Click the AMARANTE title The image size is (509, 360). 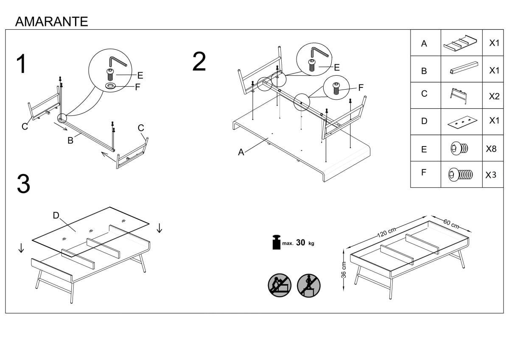[x=52, y=22]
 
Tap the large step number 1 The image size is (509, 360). [x=22, y=64]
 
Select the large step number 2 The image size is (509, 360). [x=199, y=62]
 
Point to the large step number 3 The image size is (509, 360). [x=23, y=184]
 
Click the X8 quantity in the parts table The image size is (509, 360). [x=491, y=149]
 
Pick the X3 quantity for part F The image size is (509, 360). [x=491, y=175]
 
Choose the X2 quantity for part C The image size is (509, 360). [x=494, y=96]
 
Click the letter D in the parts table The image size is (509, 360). [x=424, y=121]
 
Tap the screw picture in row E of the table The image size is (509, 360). [x=459, y=149]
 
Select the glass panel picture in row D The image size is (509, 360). [x=462, y=122]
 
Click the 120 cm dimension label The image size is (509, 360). [x=386, y=232]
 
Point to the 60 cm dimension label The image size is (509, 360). [x=451, y=224]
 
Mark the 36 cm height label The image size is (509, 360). [x=344, y=270]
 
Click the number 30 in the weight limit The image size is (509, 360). [x=300, y=243]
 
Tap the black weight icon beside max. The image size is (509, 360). [x=276, y=242]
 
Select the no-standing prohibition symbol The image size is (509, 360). [x=309, y=286]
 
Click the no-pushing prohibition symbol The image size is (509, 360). [x=280, y=285]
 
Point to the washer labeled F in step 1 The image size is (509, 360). [x=110, y=86]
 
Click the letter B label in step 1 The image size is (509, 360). [x=70, y=141]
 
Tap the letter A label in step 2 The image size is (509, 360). [x=241, y=152]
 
